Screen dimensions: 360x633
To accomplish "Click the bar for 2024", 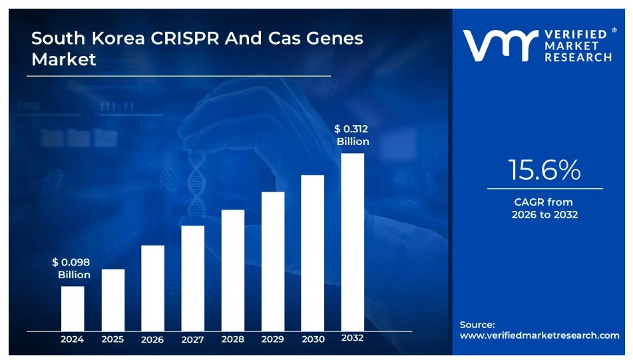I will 73,308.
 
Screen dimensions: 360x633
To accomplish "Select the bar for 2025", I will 112,299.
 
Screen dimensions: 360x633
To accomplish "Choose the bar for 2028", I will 232,270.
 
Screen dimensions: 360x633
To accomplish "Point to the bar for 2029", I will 272,261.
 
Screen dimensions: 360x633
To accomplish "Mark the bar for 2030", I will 312,252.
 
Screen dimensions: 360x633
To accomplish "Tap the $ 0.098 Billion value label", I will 71,268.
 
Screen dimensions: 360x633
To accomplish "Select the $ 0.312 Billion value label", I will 352,135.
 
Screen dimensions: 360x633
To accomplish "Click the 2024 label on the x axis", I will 73,339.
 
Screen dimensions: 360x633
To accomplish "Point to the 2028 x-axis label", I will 232,339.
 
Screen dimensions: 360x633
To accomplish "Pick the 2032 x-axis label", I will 352,338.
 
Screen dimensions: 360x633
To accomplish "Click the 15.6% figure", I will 544,170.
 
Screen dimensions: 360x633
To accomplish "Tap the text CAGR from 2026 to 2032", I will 544,208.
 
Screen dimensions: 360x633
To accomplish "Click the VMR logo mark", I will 500,46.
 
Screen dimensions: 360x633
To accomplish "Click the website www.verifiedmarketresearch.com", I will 539,335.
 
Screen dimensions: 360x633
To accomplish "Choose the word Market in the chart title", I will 64,59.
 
